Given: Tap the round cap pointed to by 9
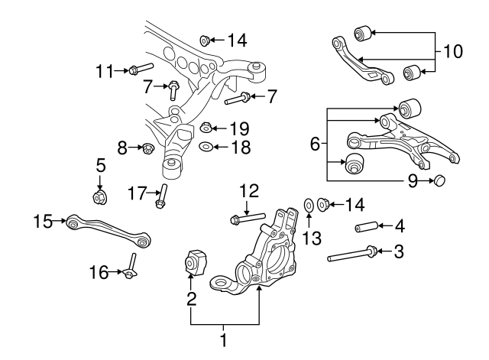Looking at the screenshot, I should pos(439,180).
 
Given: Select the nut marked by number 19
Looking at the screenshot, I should pos(206,128).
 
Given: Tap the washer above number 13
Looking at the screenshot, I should pos(308,205).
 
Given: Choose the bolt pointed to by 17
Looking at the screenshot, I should pos(161,197).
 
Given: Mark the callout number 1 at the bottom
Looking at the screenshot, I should pos(225,338).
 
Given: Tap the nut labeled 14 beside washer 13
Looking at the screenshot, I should pos(322,204).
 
